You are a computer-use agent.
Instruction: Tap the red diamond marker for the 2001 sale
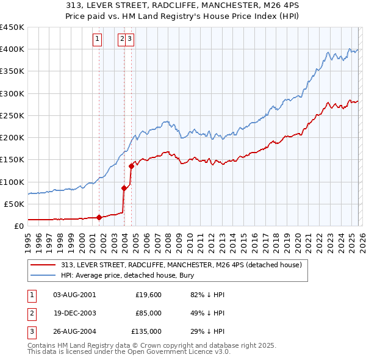tap(99, 217)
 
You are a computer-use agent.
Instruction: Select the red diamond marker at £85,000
tap(124, 188)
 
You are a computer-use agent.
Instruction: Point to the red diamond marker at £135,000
tap(132, 165)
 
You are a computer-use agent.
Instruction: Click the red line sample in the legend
tap(43, 265)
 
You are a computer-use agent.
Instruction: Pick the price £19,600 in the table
tap(148, 295)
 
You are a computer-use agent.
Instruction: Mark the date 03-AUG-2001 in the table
tap(74, 295)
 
